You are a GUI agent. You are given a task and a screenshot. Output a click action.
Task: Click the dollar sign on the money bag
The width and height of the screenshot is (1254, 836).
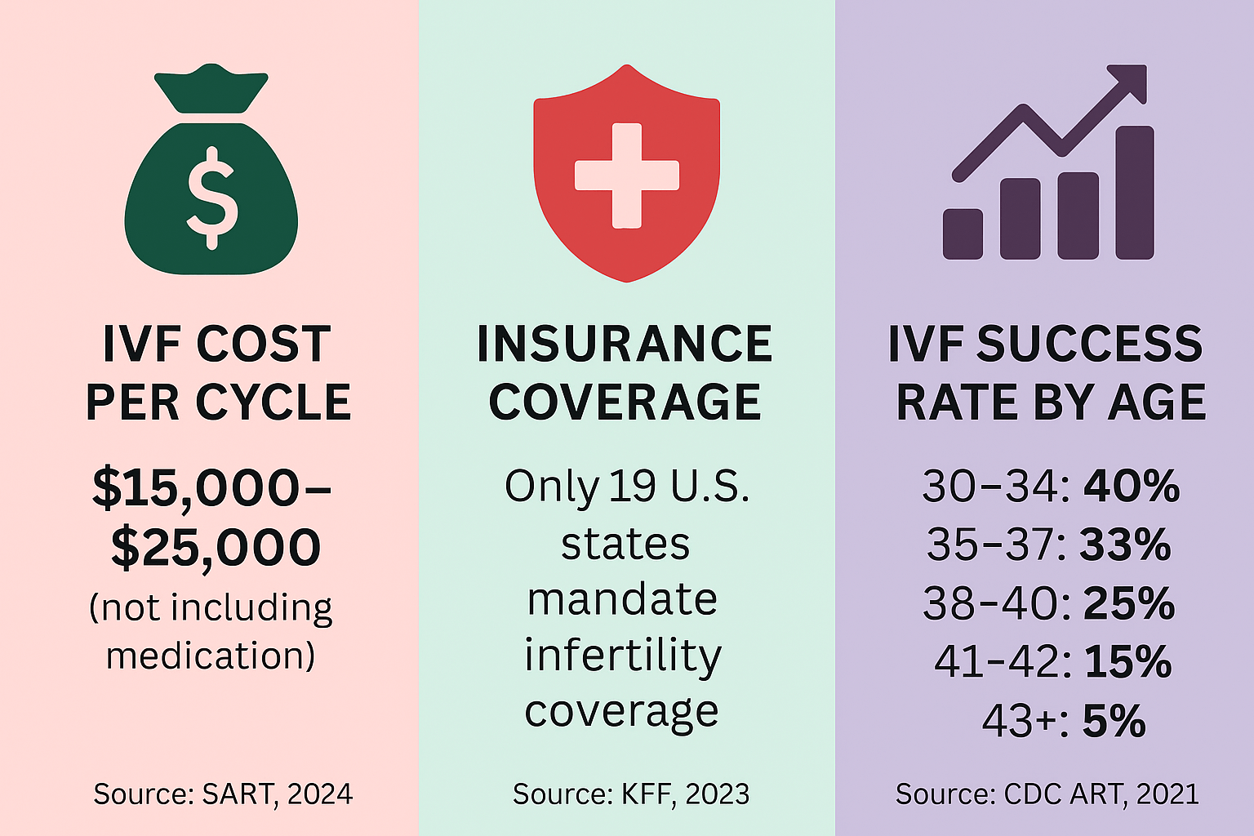click(211, 198)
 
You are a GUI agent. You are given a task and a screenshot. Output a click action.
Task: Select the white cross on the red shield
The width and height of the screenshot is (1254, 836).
click(626, 175)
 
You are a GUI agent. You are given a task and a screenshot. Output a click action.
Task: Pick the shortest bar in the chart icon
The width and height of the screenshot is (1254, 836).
click(963, 233)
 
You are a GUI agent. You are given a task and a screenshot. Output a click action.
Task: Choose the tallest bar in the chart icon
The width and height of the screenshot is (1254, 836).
click(1135, 193)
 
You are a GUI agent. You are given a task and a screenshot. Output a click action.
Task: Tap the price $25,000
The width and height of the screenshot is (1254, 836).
click(216, 547)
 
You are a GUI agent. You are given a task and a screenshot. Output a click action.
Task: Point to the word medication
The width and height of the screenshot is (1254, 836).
click(210, 656)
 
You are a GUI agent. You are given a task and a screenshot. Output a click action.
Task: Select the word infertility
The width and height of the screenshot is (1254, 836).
click(623, 655)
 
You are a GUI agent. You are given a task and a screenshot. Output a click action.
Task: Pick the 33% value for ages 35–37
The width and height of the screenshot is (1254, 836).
click(1125, 545)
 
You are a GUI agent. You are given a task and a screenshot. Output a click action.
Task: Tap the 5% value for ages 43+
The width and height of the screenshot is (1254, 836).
click(1114, 721)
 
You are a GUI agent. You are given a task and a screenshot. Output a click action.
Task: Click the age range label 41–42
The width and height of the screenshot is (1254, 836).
click(1002, 662)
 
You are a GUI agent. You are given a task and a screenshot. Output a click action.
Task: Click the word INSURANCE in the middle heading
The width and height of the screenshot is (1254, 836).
click(625, 344)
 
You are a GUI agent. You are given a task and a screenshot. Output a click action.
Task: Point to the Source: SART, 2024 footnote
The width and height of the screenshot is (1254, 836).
click(223, 794)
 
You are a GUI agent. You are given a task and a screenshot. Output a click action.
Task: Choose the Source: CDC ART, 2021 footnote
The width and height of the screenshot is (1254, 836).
click(1047, 794)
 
